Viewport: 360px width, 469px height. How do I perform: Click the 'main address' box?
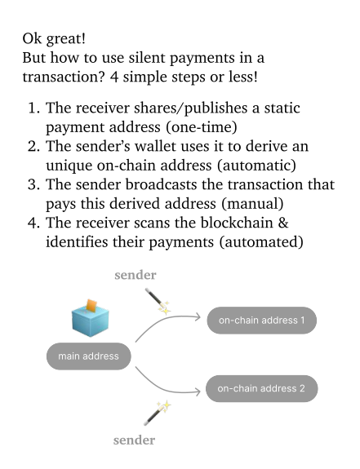point(89,356)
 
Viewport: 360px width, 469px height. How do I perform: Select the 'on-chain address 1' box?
point(261,321)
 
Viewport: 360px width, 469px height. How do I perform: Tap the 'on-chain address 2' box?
point(261,388)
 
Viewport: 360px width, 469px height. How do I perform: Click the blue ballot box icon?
point(90,318)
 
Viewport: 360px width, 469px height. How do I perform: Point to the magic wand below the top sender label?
point(158,301)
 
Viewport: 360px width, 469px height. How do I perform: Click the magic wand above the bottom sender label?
point(157,413)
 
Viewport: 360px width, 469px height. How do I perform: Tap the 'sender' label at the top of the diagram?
point(136,275)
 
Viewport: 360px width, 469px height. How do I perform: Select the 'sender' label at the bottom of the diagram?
point(134,440)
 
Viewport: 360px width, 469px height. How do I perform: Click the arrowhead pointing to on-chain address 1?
point(198,316)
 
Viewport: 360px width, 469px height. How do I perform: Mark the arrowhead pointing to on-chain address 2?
point(198,392)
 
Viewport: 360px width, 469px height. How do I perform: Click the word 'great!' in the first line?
point(65,39)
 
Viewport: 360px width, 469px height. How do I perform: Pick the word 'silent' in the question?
point(147,58)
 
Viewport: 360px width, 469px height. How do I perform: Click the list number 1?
point(33,108)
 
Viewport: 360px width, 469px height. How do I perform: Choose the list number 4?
point(33,223)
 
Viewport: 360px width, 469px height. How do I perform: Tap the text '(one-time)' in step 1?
point(201,127)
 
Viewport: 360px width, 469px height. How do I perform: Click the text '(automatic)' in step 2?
point(256,166)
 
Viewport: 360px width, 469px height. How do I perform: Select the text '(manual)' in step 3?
point(252,204)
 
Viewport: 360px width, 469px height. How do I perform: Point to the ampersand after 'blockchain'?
point(283,223)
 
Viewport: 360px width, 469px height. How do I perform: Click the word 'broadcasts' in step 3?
point(162,184)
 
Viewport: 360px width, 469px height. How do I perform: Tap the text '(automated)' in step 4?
point(261,242)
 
